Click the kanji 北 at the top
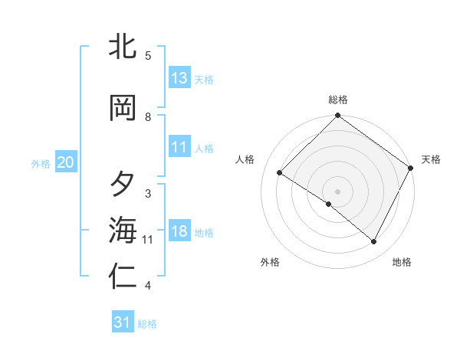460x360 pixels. pos(123,47)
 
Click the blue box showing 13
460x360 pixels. pos(179,78)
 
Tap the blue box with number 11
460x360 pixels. pos(179,147)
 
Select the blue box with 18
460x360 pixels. pos(179,231)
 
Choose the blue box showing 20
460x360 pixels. pos(66,162)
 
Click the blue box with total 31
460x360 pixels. pos(123,322)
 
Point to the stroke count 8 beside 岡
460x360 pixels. pos(148,117)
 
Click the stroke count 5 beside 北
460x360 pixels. pos(148,56)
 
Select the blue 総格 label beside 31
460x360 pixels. pos(147,324)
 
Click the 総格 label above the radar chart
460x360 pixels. pos(338,100)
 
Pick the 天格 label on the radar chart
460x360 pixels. pos(431,159)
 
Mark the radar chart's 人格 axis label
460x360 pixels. pos(245,159)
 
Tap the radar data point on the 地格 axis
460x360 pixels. pos(374,242)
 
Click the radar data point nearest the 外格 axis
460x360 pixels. pos(329,205)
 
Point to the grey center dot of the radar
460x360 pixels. pos(337,191)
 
